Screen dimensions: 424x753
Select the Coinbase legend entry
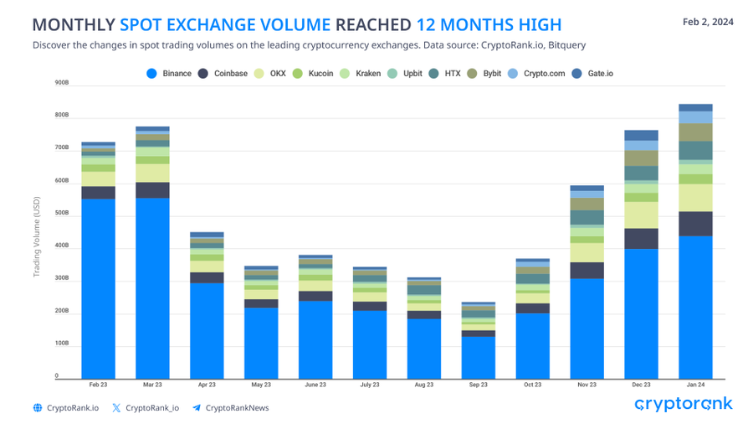224,74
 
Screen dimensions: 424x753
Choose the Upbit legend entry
405,74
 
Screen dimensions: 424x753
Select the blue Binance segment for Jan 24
695,306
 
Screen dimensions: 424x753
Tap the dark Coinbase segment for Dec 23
641,239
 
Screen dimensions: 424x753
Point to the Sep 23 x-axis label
478,385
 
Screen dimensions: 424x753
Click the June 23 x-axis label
315,385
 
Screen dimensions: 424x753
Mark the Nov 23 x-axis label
587,385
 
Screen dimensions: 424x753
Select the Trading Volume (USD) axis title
36,230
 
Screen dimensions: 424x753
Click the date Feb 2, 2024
708,23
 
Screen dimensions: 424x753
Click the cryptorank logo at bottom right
684,405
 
